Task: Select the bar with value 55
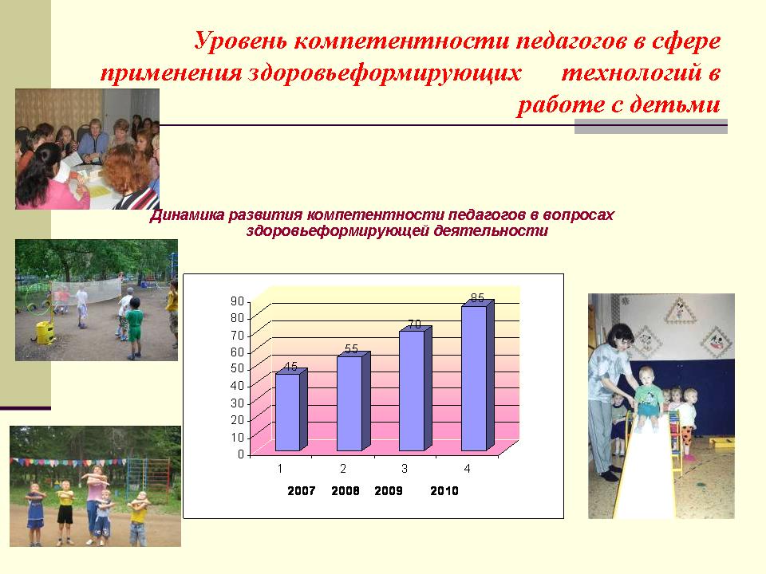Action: pos(353,401)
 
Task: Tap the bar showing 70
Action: pos(415,389)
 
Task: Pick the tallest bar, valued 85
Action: pos(477,375)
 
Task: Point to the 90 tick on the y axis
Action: pos(238,301)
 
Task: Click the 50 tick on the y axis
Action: pos(238,368)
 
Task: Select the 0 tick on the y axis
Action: pos(240,454)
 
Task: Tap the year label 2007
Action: pos(301,491)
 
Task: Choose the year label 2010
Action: pos(444,491)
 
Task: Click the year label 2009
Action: pos(389,491)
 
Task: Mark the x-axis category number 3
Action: pos(405,469)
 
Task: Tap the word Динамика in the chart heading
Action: pos(187,215)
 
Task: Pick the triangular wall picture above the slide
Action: pos(679,311)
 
